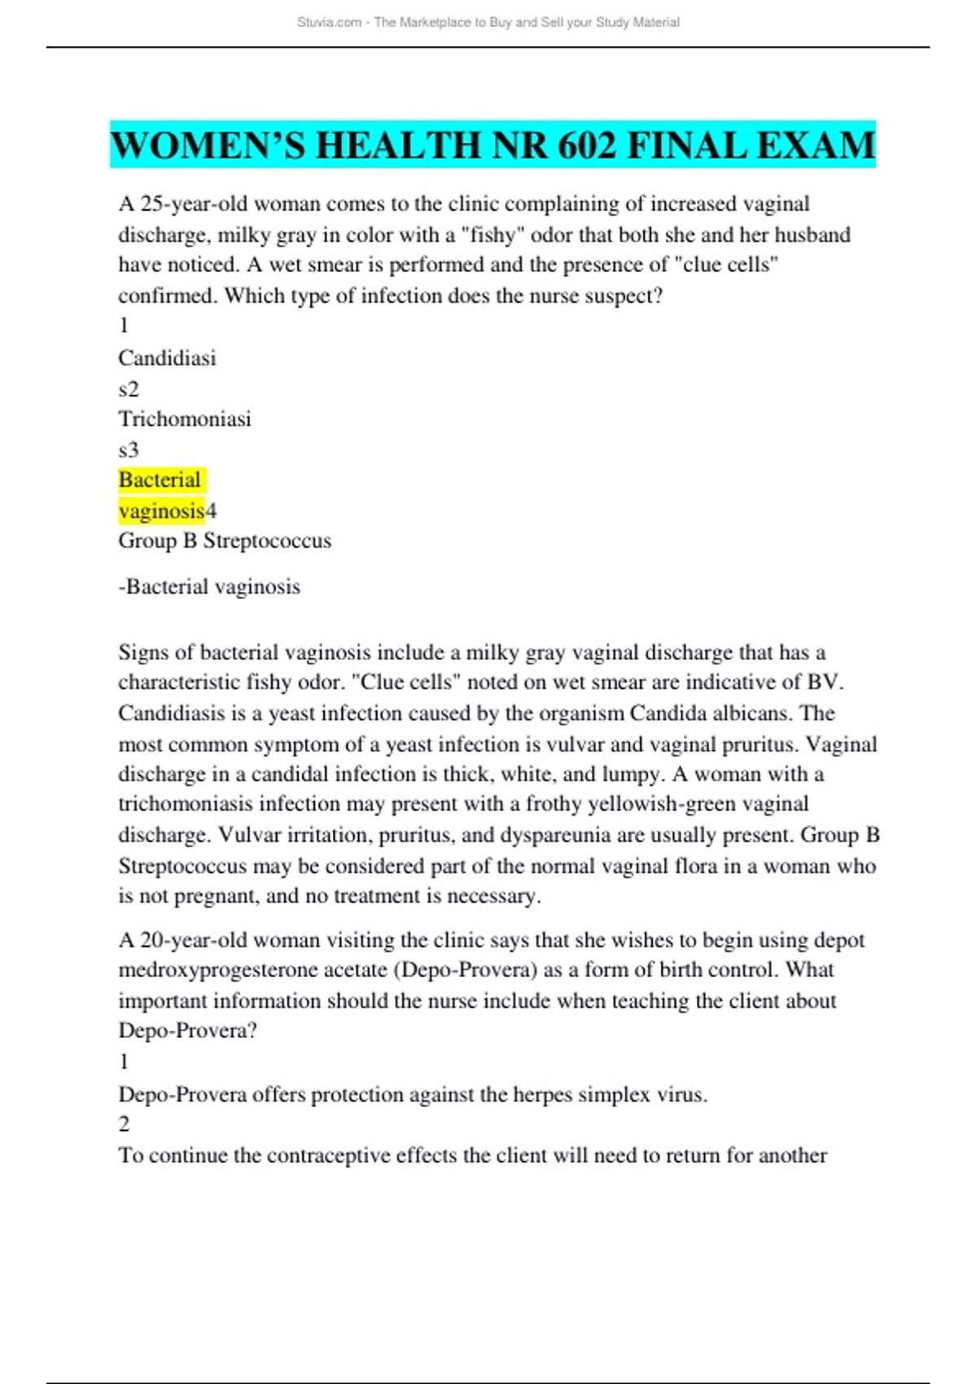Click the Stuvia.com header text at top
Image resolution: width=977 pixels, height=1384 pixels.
[329, 23]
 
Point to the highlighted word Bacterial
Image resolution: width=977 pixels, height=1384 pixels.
[160, 480]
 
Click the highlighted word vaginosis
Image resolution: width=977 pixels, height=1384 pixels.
[161, 510]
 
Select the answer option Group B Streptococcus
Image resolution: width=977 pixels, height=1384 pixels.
[225, 541]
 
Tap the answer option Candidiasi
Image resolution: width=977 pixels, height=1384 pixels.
[167, 357]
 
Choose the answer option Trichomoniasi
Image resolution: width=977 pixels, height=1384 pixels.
[185, 418]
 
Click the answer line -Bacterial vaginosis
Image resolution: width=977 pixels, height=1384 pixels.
[209, 586]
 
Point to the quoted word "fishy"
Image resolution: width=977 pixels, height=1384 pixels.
[492, 234]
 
